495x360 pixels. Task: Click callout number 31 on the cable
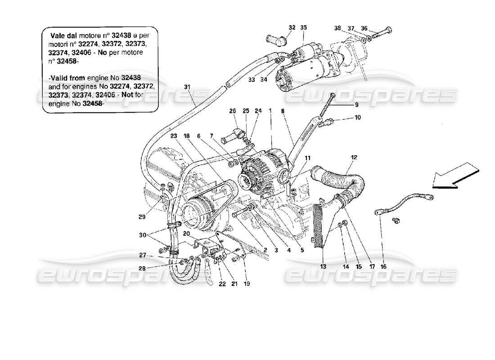[187, 87]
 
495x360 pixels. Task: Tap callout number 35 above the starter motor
[304, 27]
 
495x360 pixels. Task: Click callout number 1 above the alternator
[271, 111]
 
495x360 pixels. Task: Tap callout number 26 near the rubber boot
[232, 111]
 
